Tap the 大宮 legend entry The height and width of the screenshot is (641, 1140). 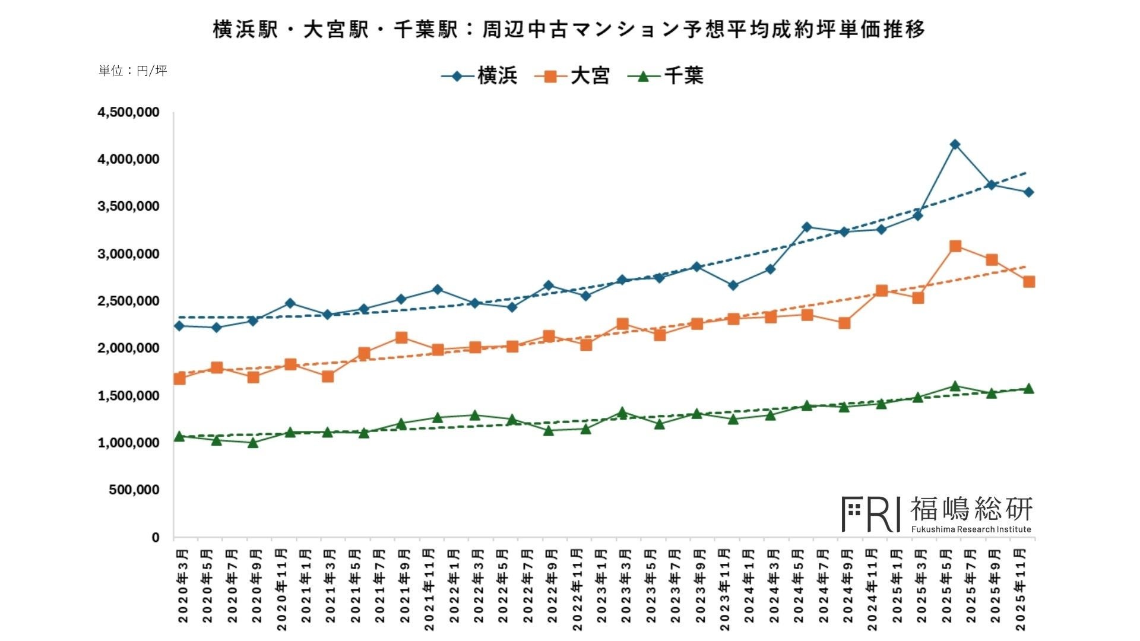pos(572,76)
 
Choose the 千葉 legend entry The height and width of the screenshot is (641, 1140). pos(666,76)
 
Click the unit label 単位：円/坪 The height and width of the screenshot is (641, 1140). pos(133,71)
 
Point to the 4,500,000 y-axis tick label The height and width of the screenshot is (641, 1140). pos(128,113)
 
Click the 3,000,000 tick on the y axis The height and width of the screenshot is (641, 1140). pos(128,254)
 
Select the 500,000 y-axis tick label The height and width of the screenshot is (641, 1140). pos(134,490)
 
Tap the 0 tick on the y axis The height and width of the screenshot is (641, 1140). pos(156,538)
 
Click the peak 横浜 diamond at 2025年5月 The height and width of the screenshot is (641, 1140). pos(955,144)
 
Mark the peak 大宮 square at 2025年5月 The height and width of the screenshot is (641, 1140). pos(955,246)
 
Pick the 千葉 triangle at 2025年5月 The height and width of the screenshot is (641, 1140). pos(955,386)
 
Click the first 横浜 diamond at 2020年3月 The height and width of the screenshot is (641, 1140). pos(179,326)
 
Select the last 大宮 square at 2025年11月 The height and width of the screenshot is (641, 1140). pos(1029,282)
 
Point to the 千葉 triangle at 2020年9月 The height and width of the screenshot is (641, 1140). pos(253,443)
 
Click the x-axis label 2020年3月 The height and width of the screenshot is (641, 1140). pos(183,586)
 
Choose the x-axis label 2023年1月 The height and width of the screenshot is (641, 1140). pos(601,586)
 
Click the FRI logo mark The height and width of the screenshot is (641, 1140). pos(870,514)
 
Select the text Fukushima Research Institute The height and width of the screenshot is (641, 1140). pos(971,529)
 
